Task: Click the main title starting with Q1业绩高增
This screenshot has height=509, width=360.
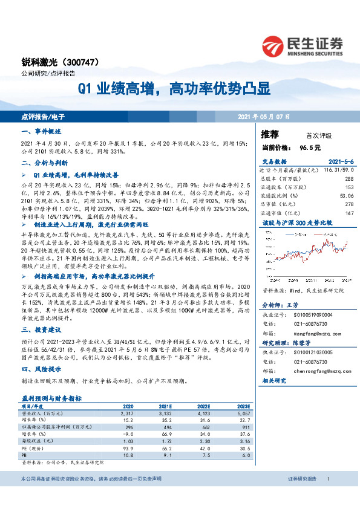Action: (174, 90)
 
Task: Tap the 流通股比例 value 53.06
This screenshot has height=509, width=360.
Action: (345, 196)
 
